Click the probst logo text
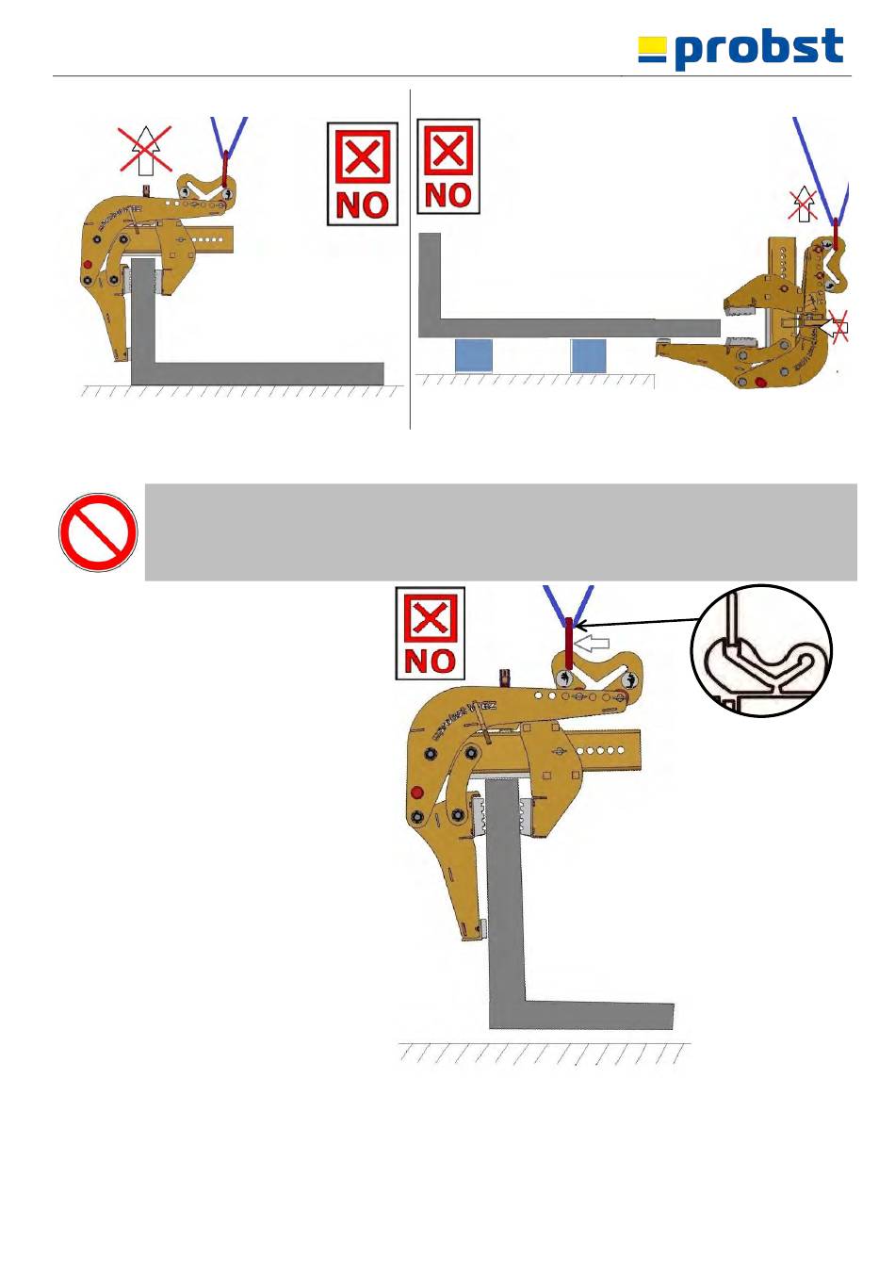point(758,48)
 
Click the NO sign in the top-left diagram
point(362,174)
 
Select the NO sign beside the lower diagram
point(430,633)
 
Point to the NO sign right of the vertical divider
point(448,167)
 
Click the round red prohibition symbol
point(98,532)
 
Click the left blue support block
point(474,355)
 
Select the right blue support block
point(589,355)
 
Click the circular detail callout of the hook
point(761,651)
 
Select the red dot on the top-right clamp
point(760,383)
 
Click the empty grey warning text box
point(500,532)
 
